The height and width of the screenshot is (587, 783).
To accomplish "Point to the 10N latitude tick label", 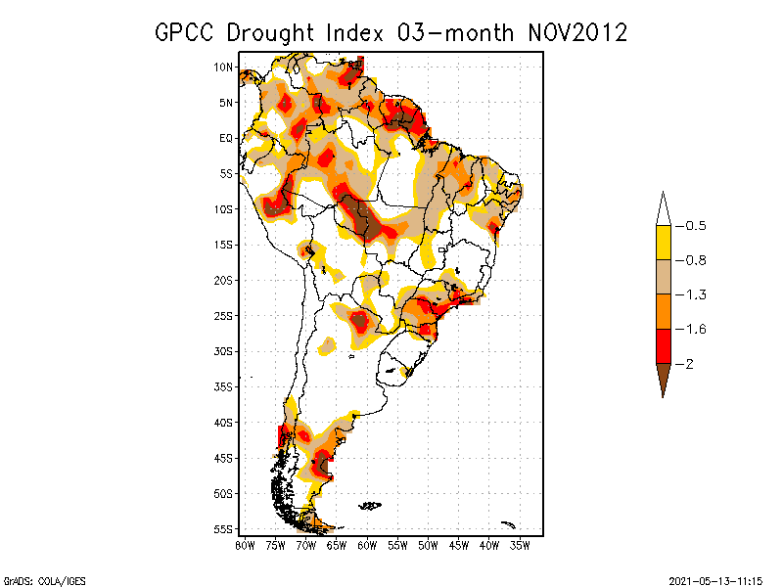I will point(223,67).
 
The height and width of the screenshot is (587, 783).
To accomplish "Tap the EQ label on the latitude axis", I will point(226,138).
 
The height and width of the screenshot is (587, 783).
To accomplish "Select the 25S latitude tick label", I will point(223,316).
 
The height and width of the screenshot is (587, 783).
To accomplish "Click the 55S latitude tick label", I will point(223,529).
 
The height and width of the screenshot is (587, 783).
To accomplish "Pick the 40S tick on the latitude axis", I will point(223,423).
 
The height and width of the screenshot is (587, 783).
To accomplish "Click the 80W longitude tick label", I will point(245,545).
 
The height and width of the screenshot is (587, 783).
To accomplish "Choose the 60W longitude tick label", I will point(367,545).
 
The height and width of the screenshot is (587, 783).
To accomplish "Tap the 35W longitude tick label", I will point(520,545).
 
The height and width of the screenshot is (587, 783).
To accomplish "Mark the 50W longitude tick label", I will point(428,545).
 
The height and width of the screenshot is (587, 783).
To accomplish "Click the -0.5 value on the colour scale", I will point(694,226).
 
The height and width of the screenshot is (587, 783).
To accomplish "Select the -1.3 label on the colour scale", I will point(694,294).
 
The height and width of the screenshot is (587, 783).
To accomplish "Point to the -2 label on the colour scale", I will point(689,364).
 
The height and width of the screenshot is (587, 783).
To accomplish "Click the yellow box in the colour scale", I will point(663,243).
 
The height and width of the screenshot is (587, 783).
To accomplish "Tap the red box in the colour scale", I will point(663,346).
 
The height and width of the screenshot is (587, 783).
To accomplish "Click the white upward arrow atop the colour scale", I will point(663,209).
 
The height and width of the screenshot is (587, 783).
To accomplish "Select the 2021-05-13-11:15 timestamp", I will point(715,580).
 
